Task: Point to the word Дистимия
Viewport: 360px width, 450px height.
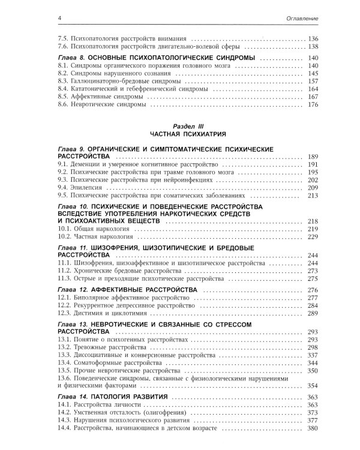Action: point(88,313)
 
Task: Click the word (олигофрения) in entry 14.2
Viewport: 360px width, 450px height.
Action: point(162,413)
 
